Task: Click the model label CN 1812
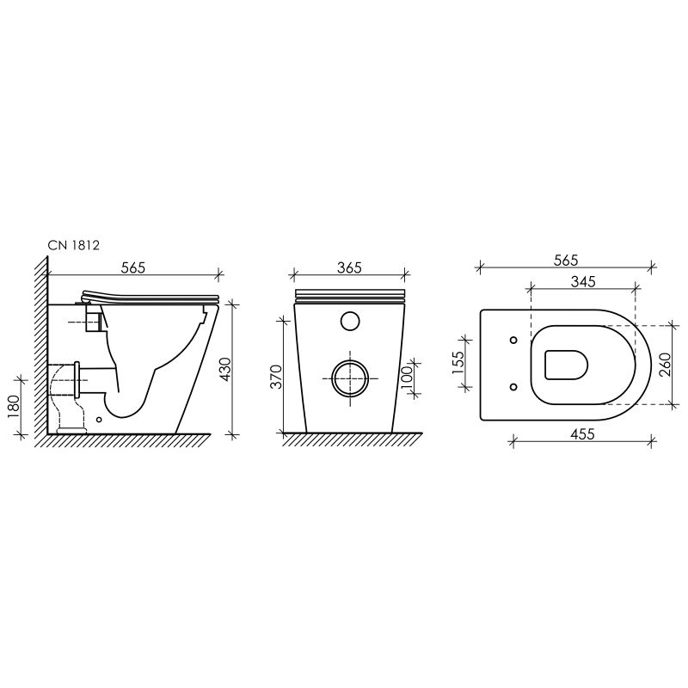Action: pyautogui.click(x=75, y=245)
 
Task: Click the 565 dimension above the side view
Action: pyautogui.click(x=132, y=267)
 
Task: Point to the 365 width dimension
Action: pyautogui.click(x=348, y=267)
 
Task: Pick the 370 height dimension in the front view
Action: pyautogui.click(x=276, y=375)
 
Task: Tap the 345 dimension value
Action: pyautogui.click(x=583, y=281)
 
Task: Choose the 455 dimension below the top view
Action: pyautogui.click(x=582, y=434)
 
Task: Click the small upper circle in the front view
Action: pyautogui.click(x=349, y=321)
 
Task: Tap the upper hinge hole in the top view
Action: pyautogui.click(x=513, y=340)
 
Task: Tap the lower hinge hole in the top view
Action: pyautogui.click(x=513, y=386)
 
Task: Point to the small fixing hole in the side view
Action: pyautogui.click(x=101, y=421)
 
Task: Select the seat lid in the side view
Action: pyautogui.click(x=150, y=295)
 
